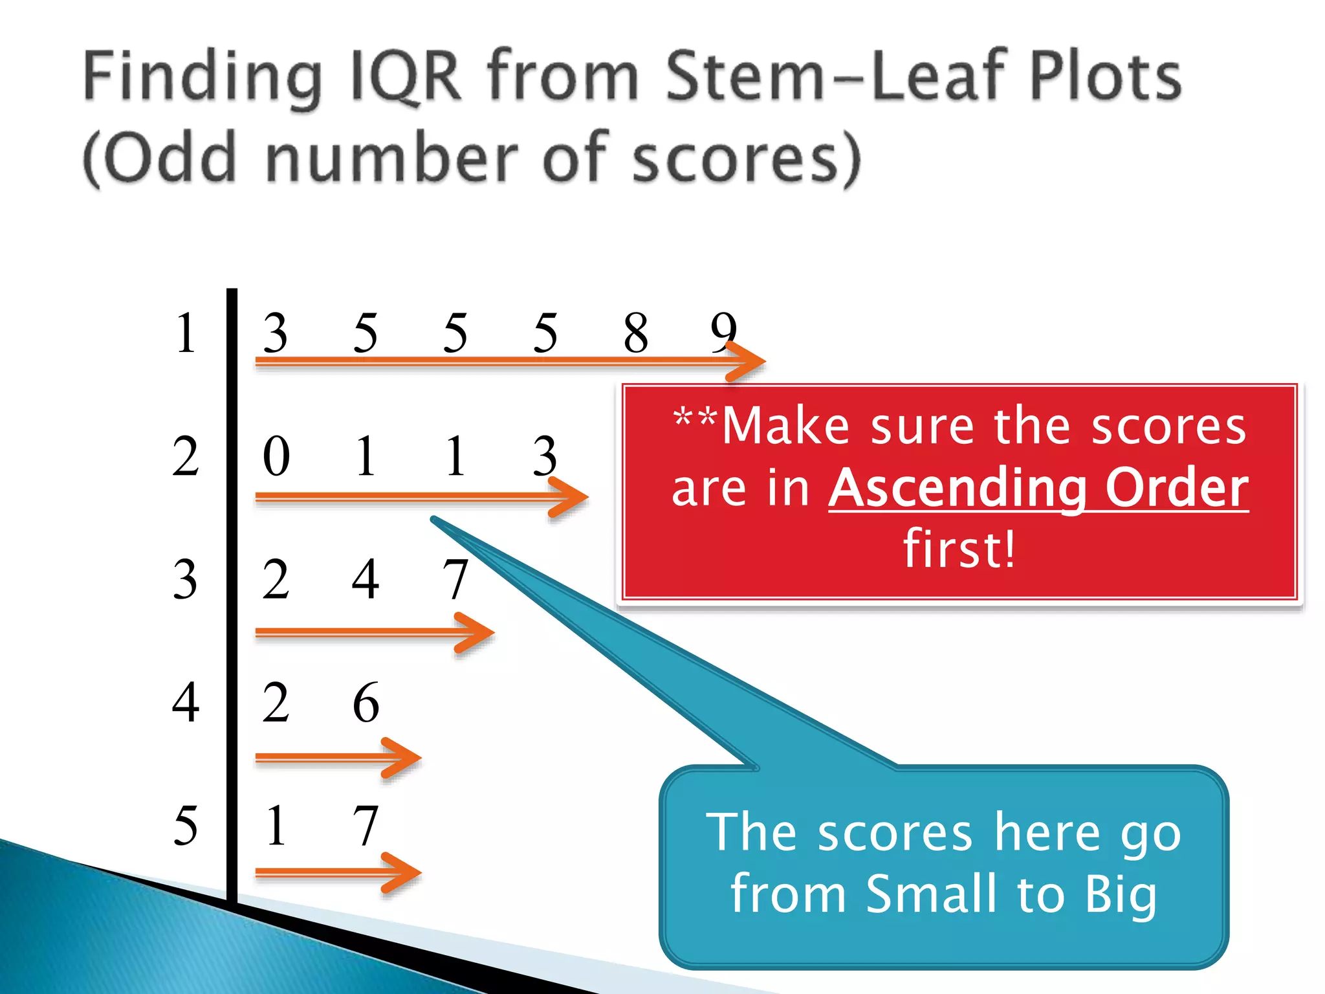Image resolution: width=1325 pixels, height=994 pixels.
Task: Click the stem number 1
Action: pyautogui.click(x=186, y=333)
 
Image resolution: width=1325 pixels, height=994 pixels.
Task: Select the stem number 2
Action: pyautogui.click(x=186, y=456)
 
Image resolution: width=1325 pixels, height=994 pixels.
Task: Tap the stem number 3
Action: pyautogui.click(x=186, y=579)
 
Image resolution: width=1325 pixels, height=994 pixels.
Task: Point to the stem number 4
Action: pyautogui.click(x=186, y=703)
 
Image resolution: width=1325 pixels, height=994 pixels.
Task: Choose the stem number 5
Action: pyautogui.click(x=186, y=826)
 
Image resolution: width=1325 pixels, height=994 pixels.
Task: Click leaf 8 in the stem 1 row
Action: pyautogui.click(x=635, y=333)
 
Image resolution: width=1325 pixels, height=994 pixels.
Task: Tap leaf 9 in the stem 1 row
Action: pyautogui.click(x=723, y=331)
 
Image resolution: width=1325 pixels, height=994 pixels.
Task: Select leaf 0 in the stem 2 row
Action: pyautogui.click(x=276, y=456)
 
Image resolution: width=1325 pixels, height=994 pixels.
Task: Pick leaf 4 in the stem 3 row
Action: pyautogui.click(x=366, y=579)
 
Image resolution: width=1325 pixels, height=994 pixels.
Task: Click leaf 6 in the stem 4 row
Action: pyautogui.click(x=366, y=703)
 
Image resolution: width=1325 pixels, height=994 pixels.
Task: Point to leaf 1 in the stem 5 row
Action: pyautogui.click(x=276, y=826)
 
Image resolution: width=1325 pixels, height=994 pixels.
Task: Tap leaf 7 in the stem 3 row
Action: pyautogui.click(x=455, y=579)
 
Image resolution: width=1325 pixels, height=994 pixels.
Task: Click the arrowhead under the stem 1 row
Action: pyautogui.click(x=747, y=362)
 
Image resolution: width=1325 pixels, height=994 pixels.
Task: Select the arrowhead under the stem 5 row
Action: pyautogui.click(x=402, y=873)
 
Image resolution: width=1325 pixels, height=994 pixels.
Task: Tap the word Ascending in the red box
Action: pyautogui.click(x=958, y=488)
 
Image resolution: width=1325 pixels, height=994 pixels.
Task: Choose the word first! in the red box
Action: pyautogui.click(x=959, y=549)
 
